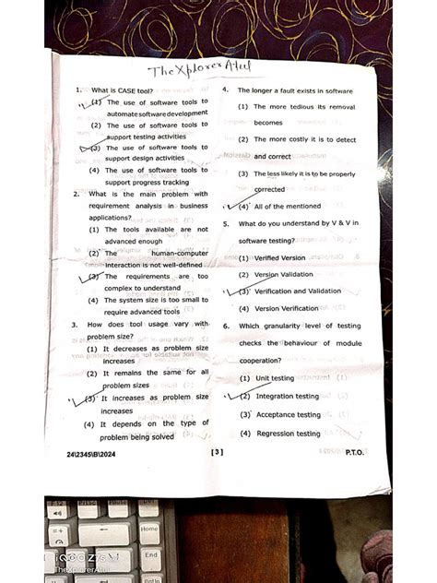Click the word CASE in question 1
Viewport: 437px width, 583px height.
coord(124,90)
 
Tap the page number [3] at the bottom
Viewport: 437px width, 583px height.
coord(218,452)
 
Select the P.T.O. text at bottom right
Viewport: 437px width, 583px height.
coord(355,452)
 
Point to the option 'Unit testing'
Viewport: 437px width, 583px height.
coord(274,378)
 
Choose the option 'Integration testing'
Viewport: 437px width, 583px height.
coord(287,397)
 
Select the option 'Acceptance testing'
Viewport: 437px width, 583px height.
coord(288,415)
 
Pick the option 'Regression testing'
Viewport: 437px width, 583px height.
coord(288,434)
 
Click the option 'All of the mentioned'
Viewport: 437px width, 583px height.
coord(287,207)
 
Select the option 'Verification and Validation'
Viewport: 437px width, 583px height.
coord(297,291)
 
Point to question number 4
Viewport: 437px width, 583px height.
coord(226,90)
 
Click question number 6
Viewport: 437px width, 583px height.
coord(226,326)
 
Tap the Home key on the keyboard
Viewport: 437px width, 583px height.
coord(149,529)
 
